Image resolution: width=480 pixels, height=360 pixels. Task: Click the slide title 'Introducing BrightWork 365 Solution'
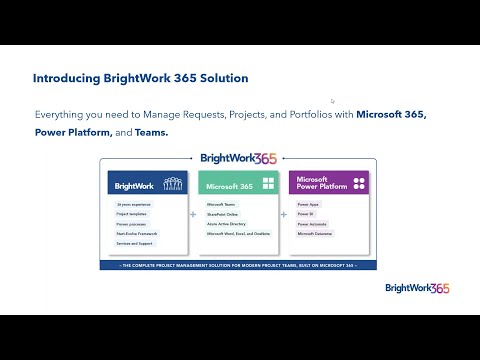click(x=140, y=78)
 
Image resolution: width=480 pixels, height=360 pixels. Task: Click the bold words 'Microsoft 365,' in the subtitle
click(x=384, y=114)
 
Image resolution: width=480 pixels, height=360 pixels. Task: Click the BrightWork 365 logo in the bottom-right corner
click(x=417, y=288)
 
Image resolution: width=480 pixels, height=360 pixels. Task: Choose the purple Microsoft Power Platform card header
click(x=330, y=184)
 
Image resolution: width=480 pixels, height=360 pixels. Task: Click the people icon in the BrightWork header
click(x=172, y=185)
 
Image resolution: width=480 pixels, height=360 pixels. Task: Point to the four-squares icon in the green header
click(x=267, y=185)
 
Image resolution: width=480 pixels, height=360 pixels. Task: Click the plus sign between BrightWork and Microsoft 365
click(x=193, y=214)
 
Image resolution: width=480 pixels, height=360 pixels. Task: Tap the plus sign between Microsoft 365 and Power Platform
click(x=285, y=214)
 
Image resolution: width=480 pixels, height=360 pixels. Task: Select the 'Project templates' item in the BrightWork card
click(x=132, y=214)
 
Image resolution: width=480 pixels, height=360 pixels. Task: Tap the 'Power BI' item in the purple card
click(x=306, y=214)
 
